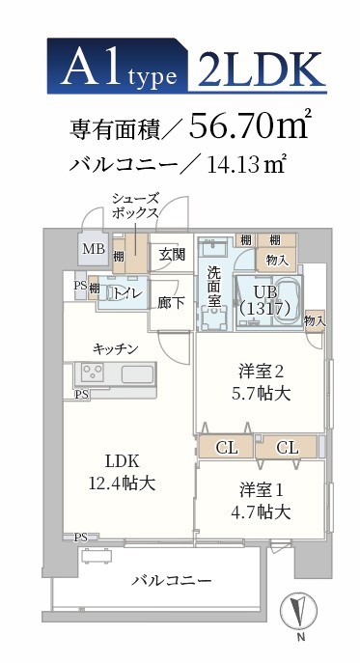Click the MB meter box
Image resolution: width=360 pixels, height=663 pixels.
[94, 249]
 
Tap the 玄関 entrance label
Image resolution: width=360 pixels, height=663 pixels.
[172, 255]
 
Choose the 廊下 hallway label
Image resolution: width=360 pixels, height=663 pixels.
[172, 300]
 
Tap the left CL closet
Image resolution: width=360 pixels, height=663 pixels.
[227, 448]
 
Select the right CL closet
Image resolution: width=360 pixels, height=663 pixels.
[287, 448]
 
